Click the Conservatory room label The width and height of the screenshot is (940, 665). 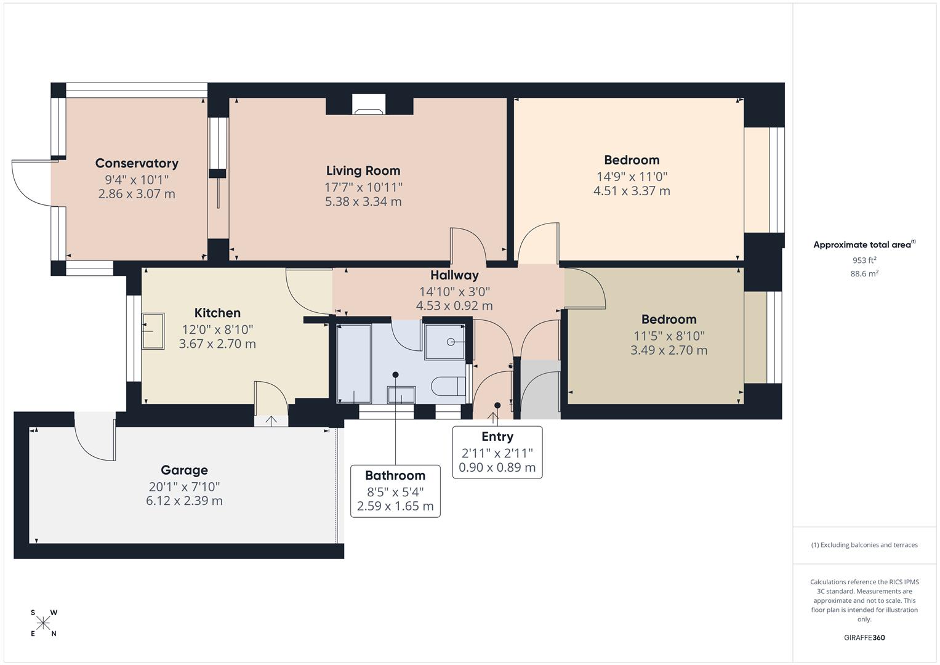pos(137,163)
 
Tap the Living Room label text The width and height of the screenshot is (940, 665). pos(363,171)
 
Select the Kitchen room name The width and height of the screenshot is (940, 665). pos(217,313)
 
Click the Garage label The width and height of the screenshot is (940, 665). pos(184,470)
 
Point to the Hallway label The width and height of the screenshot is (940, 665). pos(454,275)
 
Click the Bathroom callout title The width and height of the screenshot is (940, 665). pos(395,475)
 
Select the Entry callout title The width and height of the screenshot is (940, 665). pos(497,437)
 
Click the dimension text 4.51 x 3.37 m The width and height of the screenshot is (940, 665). pos(632,191)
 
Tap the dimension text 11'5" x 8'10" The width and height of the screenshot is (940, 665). pos(669,336)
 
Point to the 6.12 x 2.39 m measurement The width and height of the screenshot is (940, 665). pos(184,501)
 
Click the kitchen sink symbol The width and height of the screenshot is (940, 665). pos(153,331)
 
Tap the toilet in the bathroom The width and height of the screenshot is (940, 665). pos(448,386)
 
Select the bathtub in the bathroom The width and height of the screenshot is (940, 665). pos(354,363)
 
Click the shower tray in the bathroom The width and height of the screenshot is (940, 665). pos(445,341)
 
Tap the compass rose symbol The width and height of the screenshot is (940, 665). pos(43,623)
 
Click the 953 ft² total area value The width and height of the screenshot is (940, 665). pos(864,260)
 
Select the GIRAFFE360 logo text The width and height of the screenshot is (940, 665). pos(864,637)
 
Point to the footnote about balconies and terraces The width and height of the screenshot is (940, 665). pos(864,545)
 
